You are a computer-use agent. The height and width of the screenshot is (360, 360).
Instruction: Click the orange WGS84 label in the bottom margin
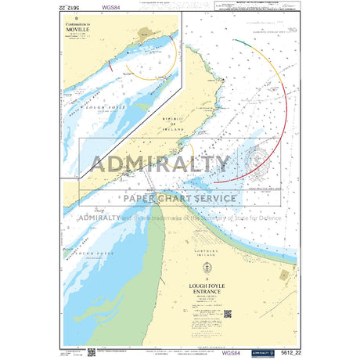point(232,353)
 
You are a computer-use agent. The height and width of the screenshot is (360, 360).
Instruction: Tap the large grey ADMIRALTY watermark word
point(161,164)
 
